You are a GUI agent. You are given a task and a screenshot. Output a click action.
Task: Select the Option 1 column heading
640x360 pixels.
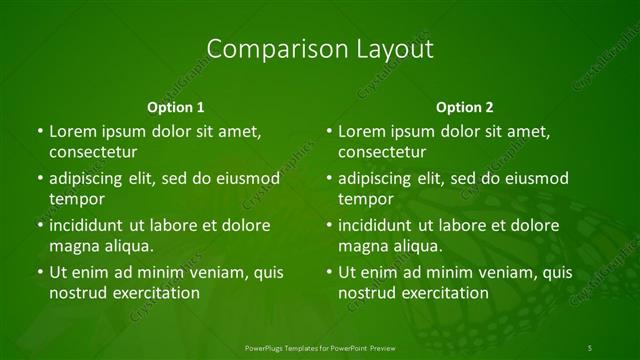pyautogui.click(x=176, y=106)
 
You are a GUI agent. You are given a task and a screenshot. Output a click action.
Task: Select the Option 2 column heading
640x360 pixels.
pyautogui.click(x=465, y=106)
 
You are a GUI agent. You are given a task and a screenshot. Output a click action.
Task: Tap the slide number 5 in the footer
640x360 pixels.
pyautogui.click(x=590, y=347)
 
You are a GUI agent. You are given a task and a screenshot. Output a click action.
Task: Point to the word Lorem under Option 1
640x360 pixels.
pyautogui.click(x=72, y=131)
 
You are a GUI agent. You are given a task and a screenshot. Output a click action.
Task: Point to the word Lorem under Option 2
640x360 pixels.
pyautogui.click(x=361, y=131)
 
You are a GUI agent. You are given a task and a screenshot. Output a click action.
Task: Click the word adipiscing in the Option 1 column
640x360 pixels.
pyautogui.click(x=90, y=179)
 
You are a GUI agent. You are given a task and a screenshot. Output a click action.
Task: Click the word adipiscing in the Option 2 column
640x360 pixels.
pyautogui.click(x=379, y=179)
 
